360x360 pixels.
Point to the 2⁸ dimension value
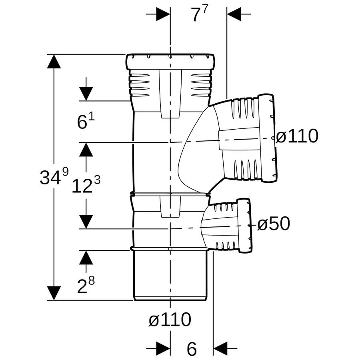(x=86, y=285)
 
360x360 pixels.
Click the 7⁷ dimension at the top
(x=200, y=14)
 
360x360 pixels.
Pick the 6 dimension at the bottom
(x=192, y=349)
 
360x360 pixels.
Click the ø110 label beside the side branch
(x=297, y=136)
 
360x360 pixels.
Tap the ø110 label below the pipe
(x=170, y=319)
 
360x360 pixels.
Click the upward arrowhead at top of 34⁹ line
(x=54, y=61)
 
